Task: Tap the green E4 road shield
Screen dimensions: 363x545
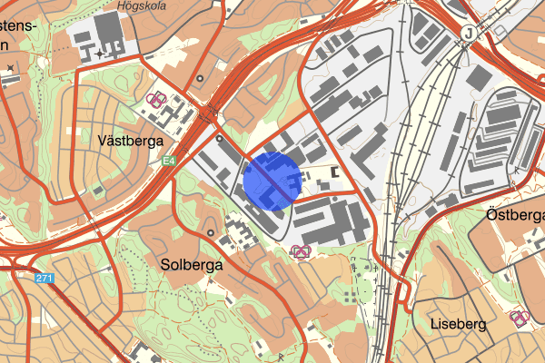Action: tap(169, 162)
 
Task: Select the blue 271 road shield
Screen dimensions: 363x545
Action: tap(46, 278)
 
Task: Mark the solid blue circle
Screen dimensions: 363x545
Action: tap(272, 181)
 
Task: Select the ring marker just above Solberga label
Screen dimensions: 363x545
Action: tap(212, 233)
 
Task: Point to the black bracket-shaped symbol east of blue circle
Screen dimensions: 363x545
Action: tap(335, 172)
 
